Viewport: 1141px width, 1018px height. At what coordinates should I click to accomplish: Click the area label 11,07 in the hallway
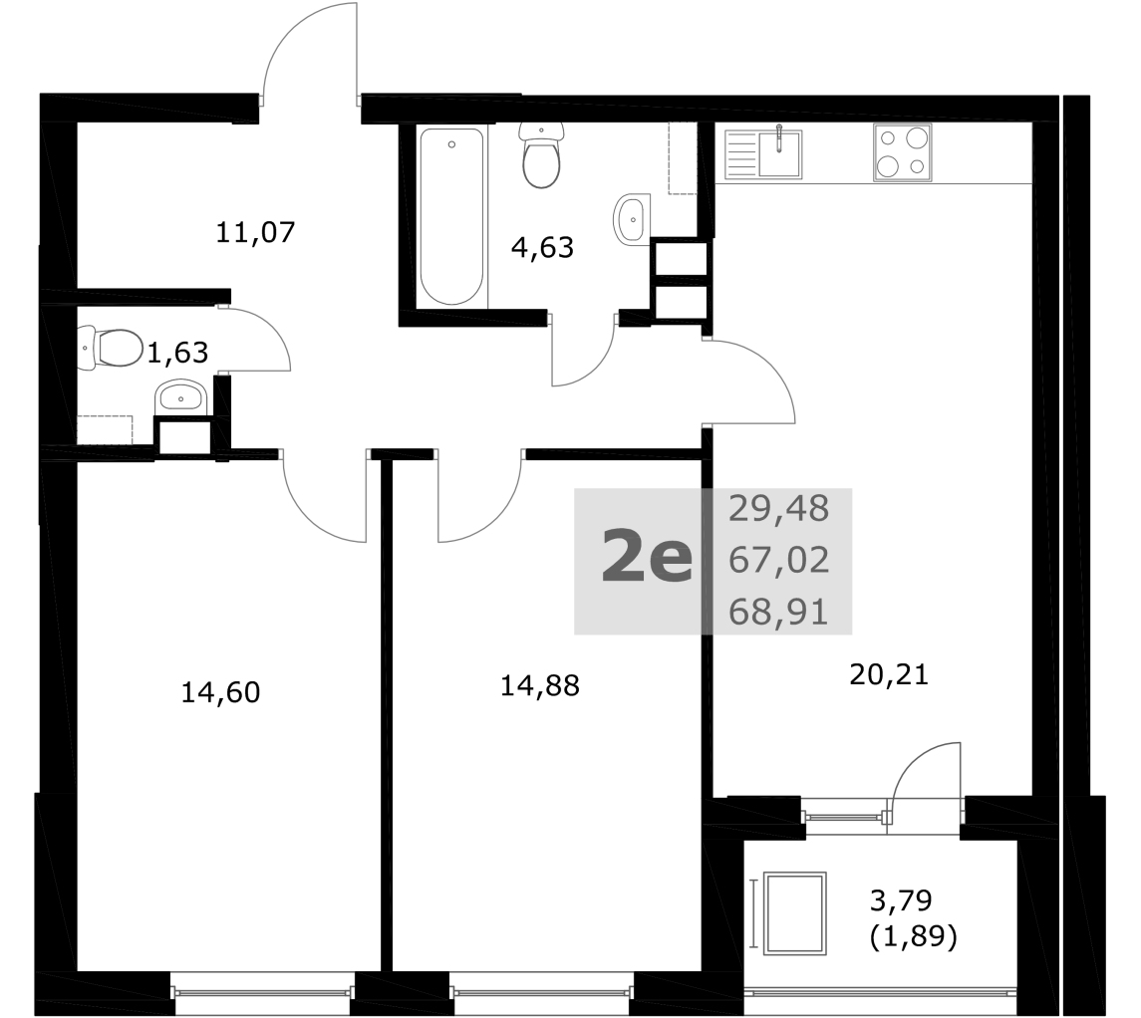pyautogui.click(x=255, y=233)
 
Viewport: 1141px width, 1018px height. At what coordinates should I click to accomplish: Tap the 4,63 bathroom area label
pyautogui.click(x=542, y=248)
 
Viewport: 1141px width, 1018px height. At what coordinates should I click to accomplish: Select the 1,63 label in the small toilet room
pyautogui.click(x=177, y=354)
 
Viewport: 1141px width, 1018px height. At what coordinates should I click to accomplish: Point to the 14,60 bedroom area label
pyautogui.click(x=220, y=693)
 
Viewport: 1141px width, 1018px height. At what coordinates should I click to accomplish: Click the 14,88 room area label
pyautogui.click(x=539, y=685)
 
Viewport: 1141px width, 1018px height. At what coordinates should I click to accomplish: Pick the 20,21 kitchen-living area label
pyautogui.click(x=889, y=675)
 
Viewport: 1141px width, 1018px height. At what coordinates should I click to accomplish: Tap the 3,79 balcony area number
pyautogui.click(x=901, y=900)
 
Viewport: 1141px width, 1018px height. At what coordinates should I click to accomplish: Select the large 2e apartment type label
pyautogui.click(x=646, y=557)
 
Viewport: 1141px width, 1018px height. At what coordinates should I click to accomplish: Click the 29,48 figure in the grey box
pyautogui.click(x=778, y=509)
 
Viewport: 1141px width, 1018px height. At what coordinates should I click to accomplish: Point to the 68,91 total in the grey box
pyautogui.click(x=778, y=613)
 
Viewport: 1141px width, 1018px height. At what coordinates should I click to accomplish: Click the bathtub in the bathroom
pyautogui.click(x=451, y=217)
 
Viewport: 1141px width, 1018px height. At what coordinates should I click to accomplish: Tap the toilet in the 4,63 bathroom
pyautogui.click(x=541, y=154)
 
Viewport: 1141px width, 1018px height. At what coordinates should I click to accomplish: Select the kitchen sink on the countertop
pyautogui.click(x=762, y=154)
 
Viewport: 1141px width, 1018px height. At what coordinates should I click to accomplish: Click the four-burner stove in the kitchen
pyautogui.click(x=902, y=152)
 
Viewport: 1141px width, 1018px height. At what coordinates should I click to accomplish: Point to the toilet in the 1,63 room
pyautogui.click(x=111, y=349)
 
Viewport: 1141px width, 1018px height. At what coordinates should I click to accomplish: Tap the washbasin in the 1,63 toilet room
pyautogui.click(x=181, y=397)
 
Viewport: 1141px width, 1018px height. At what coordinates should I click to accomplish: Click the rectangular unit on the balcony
pyautogui.click(x=796, y=913)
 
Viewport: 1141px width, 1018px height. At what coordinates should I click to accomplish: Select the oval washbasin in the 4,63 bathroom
pyautogui.click(x=633, y=219)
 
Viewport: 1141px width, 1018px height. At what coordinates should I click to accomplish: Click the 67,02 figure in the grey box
pyautogui.click(x=778, y=561)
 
